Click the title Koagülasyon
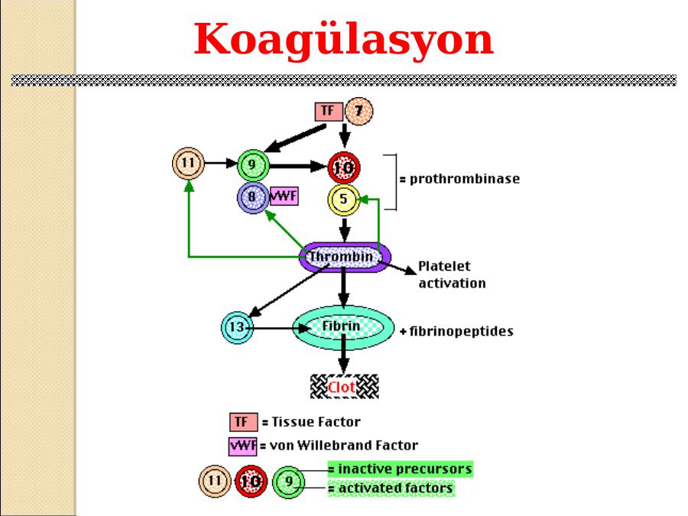(343, 40)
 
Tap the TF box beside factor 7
(328, 111)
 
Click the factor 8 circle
(252, 198)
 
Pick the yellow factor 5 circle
(343, 200)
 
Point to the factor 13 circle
(236, 328)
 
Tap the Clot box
(344, 387)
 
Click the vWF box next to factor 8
(284, 196)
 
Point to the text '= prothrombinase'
(459, 180)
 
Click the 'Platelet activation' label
(451, 275)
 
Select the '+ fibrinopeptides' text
(456, 333)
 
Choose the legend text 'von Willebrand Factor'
(342, 445)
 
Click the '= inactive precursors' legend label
(399, 468)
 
